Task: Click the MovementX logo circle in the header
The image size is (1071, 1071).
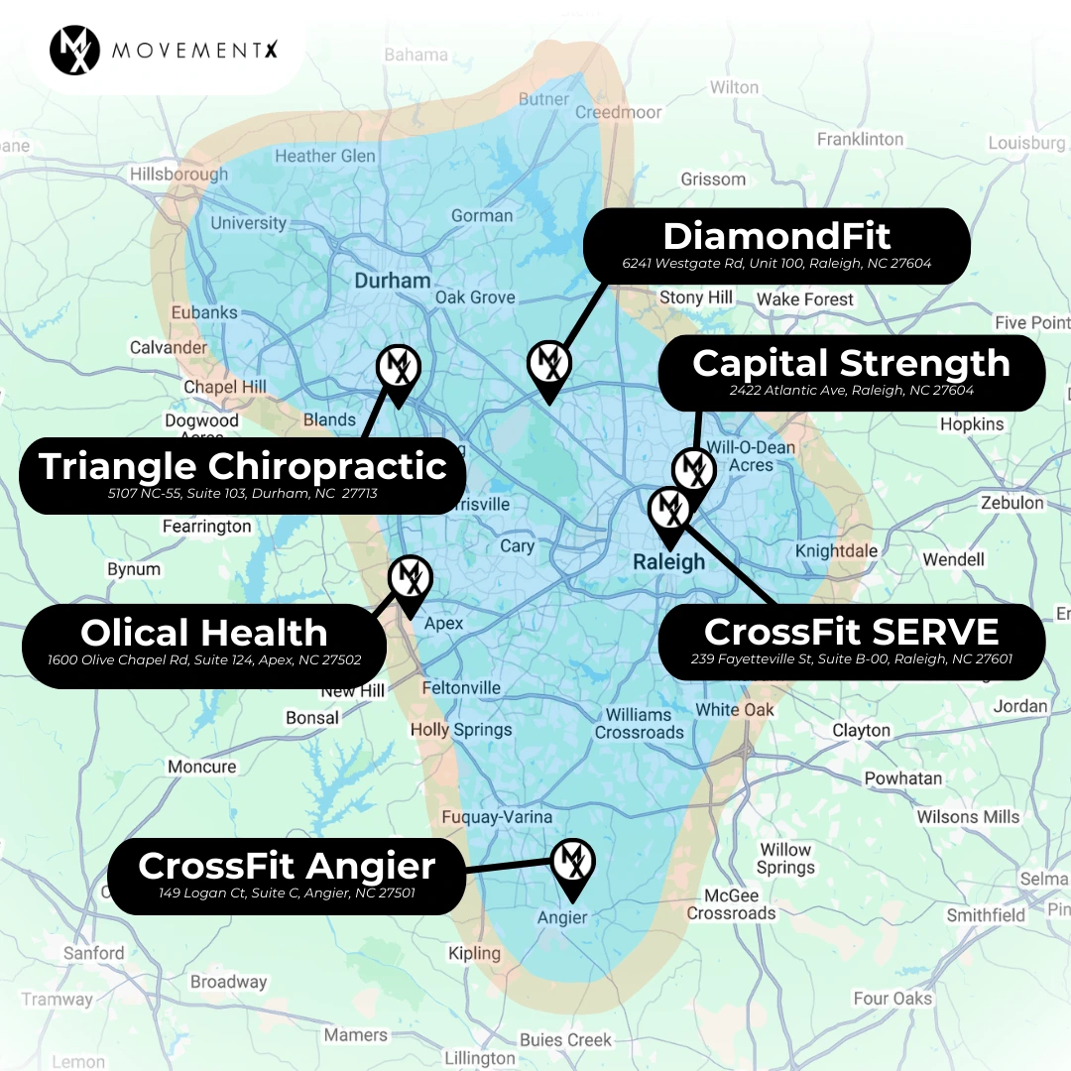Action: click(x=74, y=50)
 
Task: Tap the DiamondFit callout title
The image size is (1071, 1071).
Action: click(x=776, y=236)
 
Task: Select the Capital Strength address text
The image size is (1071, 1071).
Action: click(x=851, y=391)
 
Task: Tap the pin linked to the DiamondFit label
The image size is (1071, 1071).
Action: click(x=548, y=367)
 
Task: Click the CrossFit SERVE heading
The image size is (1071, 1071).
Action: click(x=851, y=631)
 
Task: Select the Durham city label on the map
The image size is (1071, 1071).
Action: click(x=393, y=281)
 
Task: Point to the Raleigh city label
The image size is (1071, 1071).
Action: click(x=669, y=562)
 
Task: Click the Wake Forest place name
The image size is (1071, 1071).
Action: click(x=804, y=299)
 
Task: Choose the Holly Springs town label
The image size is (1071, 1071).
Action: click(x=461, y=730)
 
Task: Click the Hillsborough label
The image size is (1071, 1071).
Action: click(x=178, y=175)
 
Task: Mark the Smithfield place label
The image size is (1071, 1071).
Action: click(x=986, y=914)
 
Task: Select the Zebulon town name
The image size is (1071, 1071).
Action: click(x=1011, y=503)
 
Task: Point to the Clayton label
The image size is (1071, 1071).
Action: click(x=861, y=731)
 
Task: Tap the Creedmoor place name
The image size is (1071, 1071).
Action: click(x=618, y=112)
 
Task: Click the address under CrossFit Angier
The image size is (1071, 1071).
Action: click(x=287, y=892)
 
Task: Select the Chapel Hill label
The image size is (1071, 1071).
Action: click(x=224, y=387)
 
